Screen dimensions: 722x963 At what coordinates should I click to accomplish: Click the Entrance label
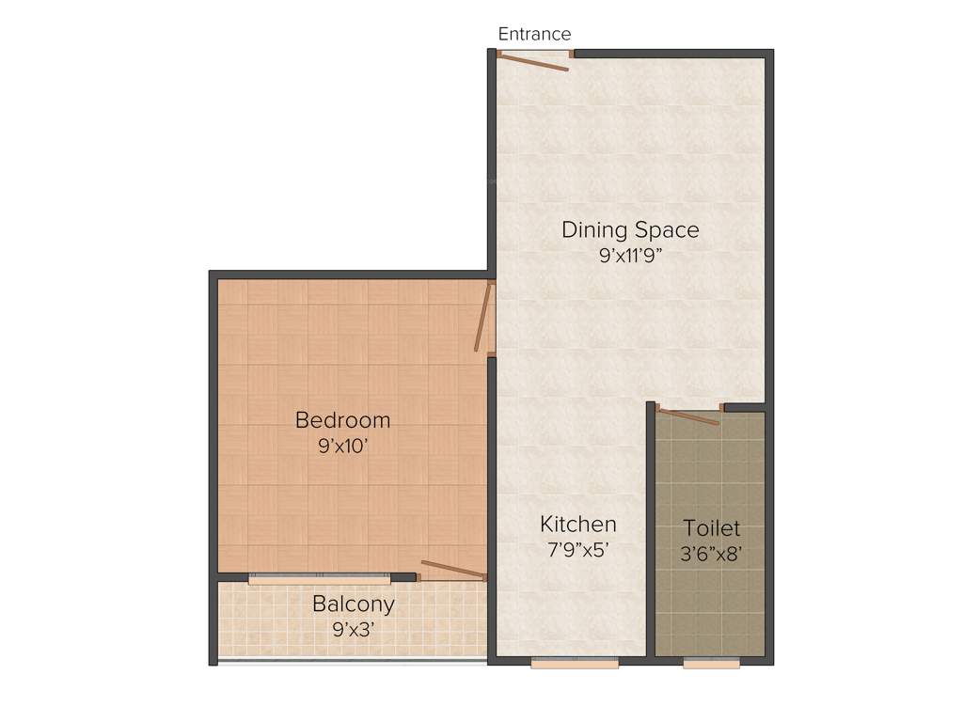tap(534, 34)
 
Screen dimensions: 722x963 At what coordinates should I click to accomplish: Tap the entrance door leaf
tap(532, 63)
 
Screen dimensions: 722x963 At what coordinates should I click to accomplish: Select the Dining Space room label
tap(630, 229)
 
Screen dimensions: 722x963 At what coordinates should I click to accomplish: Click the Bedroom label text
tap(342, 419)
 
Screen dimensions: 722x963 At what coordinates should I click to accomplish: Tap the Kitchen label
tap(577, 524)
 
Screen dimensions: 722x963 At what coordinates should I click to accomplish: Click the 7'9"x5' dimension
tap(577, 550)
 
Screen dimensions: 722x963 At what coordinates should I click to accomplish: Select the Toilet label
tap(712, 528)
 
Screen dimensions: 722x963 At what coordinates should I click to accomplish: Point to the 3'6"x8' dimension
tap(712, 554)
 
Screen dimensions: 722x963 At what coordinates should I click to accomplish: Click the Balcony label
tap(354, 604)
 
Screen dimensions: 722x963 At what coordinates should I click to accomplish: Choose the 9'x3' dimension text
tap(354, 629)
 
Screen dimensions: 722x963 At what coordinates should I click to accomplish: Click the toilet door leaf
tap(689, 416)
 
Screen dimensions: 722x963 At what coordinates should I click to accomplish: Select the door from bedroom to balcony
tap(453, 570)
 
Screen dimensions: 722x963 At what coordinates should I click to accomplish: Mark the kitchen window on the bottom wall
tap(575, 663)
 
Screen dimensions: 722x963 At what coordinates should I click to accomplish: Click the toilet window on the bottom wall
tap(711, 663)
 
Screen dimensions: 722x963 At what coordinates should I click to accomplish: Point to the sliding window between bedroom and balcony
tap(319, 578)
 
